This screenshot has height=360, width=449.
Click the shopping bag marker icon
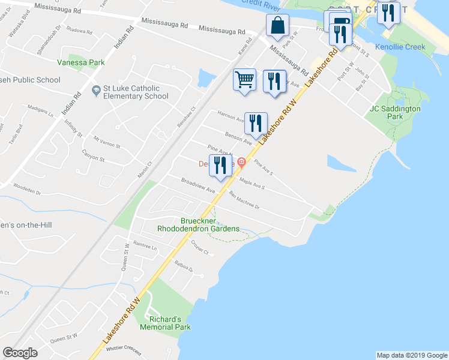(x=278, y=26)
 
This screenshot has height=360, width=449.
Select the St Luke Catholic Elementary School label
(x=135, y=92)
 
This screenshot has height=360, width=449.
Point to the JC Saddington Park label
(x=394, y=113)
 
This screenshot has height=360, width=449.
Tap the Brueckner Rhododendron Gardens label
(x=198, y=224)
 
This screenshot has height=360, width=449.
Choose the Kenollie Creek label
(x=400, y=47)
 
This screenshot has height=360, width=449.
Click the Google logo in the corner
(x=20, y=353)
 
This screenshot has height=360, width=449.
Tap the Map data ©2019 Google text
(x=412, y=355)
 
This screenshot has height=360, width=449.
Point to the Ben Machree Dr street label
(x=244, y=200)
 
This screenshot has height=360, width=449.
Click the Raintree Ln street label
(x=145, y=245)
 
